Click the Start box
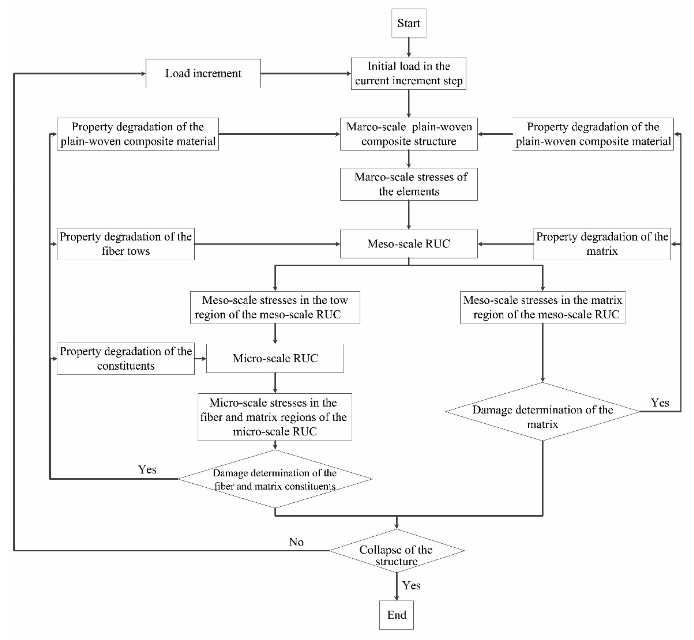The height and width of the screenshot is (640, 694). [x=409, y=23]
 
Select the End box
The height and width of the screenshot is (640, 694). [x=396, y=614]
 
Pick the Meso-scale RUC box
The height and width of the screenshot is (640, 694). [x=409, y=244]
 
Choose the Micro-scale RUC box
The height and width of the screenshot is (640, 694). [x=275, y=358]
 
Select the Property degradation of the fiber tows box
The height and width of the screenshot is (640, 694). [x=125, y=244]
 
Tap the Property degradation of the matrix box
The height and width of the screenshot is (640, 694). [x=602, y=244]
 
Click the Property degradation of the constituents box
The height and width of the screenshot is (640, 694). [x=125, y=358]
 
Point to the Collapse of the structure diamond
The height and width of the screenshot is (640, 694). [x=396, y=551]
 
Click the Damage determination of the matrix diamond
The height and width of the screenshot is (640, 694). [x=542, y=412]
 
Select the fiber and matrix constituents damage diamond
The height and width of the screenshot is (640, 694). [x=275, y=479]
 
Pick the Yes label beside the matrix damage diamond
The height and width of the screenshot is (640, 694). [x=660, y=403]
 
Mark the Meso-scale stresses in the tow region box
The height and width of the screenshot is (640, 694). [x=275, y=307]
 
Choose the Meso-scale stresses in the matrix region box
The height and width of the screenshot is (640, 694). [x=542, y=307]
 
